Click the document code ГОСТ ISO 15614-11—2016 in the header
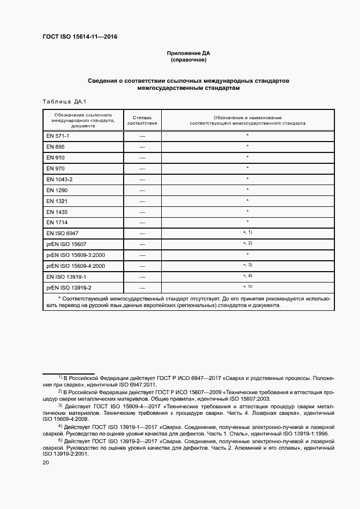coord(80,37)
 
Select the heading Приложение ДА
coord(188,53)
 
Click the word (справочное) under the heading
coord(188,60)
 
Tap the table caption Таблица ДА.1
coord(60,102)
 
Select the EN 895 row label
coord(56,146)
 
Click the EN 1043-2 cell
coord(59,179)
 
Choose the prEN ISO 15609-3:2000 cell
coord(75,255)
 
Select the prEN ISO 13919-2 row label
coord(69,288)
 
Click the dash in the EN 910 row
coord(142,157)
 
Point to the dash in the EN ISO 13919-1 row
coord(142,277)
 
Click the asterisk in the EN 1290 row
coord(247,189)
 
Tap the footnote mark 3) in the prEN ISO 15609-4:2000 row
coord(250,265)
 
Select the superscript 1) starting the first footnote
coord(60,377)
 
